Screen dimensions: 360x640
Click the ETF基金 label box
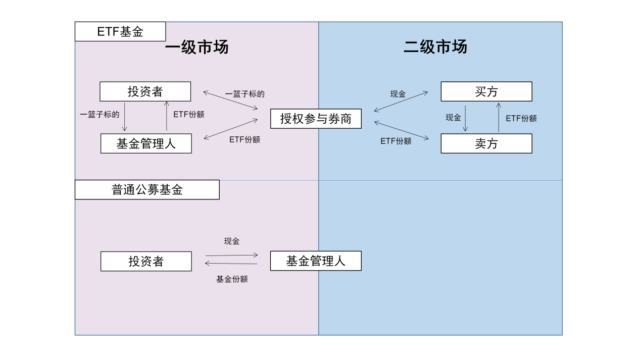120,32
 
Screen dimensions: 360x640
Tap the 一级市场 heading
196,47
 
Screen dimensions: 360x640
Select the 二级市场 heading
435,47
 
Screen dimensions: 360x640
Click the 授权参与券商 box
316,119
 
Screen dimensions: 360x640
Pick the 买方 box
486,91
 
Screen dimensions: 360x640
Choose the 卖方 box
486,143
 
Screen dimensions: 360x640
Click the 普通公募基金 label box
147,190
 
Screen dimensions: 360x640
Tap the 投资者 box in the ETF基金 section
145,91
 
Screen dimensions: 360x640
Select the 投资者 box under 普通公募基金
146,261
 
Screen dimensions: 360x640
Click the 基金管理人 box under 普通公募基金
316,261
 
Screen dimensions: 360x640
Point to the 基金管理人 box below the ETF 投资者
146,143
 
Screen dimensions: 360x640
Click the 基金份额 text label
232,279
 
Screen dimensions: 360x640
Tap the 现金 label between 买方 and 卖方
453,118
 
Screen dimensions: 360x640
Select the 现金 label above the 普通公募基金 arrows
232,241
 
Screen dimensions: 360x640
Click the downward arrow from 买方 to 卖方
465,118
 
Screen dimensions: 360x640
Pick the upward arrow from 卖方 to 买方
499,118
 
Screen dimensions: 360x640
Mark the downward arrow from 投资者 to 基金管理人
125,117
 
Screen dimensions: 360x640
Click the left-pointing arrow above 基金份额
231,263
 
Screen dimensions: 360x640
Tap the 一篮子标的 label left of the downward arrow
100,114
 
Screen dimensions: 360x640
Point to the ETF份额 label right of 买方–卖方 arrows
521,118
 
